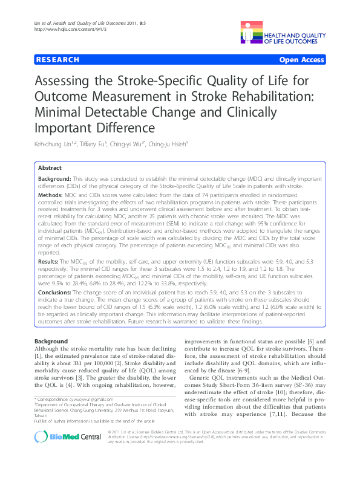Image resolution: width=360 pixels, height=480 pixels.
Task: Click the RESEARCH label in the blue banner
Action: pyautogui.click(x=58, y=60)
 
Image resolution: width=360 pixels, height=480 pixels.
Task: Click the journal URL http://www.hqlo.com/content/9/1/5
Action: pyautogui.click(x=65, y=29)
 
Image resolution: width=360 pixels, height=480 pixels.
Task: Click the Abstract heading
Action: pyautogui.click(x=49, y=167)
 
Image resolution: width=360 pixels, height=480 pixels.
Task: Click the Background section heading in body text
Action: pyautogui.click(x=51, y=342)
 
